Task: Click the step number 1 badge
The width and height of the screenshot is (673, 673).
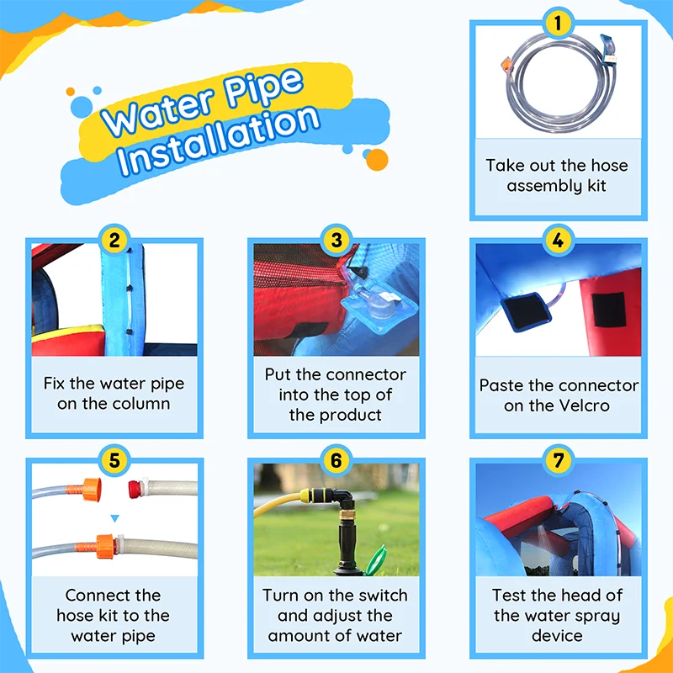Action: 558,24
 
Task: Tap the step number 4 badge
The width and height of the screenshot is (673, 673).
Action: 558,240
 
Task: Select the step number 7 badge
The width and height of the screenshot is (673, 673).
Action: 558,460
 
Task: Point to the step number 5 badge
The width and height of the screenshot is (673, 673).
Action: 114,460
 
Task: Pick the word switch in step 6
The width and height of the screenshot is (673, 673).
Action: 384,596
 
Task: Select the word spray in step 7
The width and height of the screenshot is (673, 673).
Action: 596,617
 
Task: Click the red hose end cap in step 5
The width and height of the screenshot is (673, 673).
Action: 135,490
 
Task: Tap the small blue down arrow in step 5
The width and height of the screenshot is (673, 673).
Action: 114,518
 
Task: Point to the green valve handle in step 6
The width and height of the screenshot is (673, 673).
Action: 376,559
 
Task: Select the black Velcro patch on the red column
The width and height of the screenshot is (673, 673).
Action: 608,310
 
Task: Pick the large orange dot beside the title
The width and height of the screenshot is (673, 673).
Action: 377,160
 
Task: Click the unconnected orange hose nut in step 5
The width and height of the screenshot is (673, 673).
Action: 91,490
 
